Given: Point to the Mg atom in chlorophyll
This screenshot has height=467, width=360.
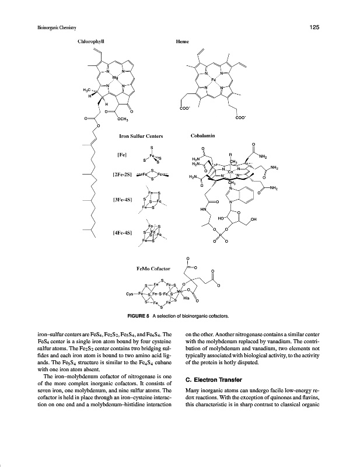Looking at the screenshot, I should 116,77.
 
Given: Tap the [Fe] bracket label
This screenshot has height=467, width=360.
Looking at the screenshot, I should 123,155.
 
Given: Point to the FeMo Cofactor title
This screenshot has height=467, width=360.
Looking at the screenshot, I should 153,269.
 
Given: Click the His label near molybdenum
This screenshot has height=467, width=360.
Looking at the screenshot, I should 186,298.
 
